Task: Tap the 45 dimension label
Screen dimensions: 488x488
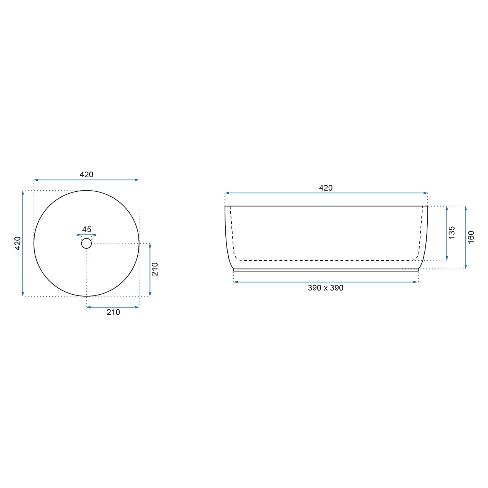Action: point(87,230)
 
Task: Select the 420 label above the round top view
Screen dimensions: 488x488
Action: point(87,175)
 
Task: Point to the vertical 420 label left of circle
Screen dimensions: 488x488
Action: point(18,243)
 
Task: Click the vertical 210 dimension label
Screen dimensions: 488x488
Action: point(155,269)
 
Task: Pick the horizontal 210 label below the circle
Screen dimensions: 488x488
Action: point(113,312)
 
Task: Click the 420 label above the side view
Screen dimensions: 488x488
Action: point(326,188)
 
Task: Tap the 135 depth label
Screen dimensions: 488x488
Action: point(451,233)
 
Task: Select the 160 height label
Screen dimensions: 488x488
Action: point(471,237)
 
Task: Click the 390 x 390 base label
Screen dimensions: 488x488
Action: point(326,288)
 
